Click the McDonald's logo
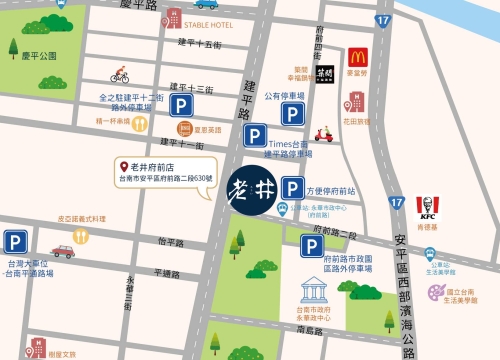[358, 58]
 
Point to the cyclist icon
[120, 75]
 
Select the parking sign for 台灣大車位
[15, 242]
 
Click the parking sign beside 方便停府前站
[293, 187]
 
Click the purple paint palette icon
[434, 292]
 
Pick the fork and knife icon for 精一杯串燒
[140, 124]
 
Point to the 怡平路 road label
[171, 242]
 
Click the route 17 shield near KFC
[398, 203]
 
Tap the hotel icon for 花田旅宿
[351, 101]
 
